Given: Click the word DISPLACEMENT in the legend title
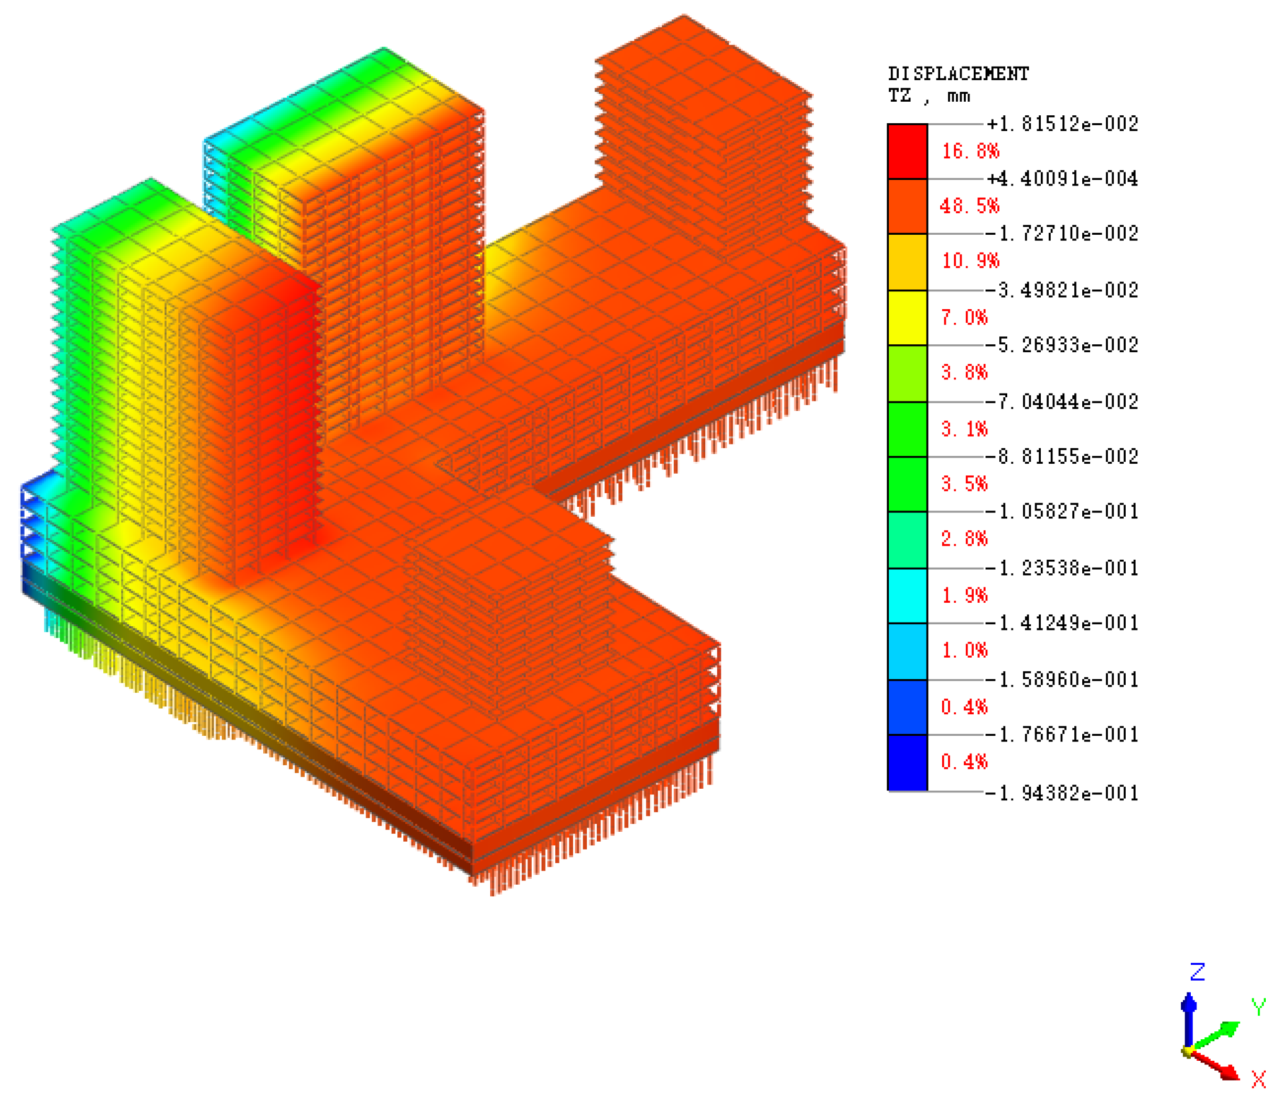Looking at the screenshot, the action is click(958, 74).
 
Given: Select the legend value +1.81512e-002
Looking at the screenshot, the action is click(1062, 124).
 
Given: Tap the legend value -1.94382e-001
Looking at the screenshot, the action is click(1062, 793).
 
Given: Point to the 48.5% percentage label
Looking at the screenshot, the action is click(969, 206).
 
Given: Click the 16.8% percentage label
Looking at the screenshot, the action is click(970, 151).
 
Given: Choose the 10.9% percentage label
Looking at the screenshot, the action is click(970, 260).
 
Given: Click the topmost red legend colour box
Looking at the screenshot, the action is click(907, 151).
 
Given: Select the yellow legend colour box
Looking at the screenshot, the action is click(907, 318).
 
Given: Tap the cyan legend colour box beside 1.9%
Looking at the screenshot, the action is click(907, 595).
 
